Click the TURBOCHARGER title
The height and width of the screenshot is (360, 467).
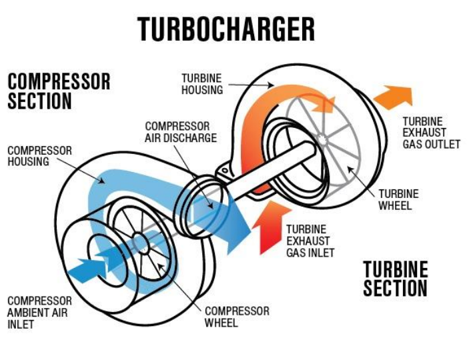click(x=225, y=29)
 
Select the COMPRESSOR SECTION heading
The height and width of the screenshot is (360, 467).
click(x=59, y=91)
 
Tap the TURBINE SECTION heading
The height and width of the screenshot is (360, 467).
click(x=396, y=279)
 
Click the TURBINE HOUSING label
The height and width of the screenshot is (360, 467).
click(x=202, y=84)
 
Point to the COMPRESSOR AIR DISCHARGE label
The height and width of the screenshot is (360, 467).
click(x=181, y=132)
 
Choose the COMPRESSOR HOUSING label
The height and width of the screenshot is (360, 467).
click(x=39, y=156)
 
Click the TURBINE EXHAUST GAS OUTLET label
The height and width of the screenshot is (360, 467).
click(x=431, y=133)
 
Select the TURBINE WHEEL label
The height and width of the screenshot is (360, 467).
click(x=398, y=199)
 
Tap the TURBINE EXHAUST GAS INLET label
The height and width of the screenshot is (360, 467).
click(x=310, y=241)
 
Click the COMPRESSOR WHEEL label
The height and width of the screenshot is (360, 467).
click(x=237, y=317)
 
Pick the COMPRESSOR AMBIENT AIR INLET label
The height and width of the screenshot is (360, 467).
click(x=39, y=313)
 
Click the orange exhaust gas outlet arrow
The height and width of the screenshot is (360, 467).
click(x=394, y=97)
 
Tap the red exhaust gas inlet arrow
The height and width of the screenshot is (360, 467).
click(x=270, y=227)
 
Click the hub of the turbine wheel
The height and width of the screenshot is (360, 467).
click(x=322, y=139)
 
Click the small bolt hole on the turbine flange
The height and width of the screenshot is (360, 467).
click(x=225, y=171)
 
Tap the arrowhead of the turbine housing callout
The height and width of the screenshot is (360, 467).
click(x=272, y=86)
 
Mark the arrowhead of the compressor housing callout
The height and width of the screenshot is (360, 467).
click(x=102, y=181)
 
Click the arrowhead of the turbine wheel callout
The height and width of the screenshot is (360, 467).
click(x=350, y=169)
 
